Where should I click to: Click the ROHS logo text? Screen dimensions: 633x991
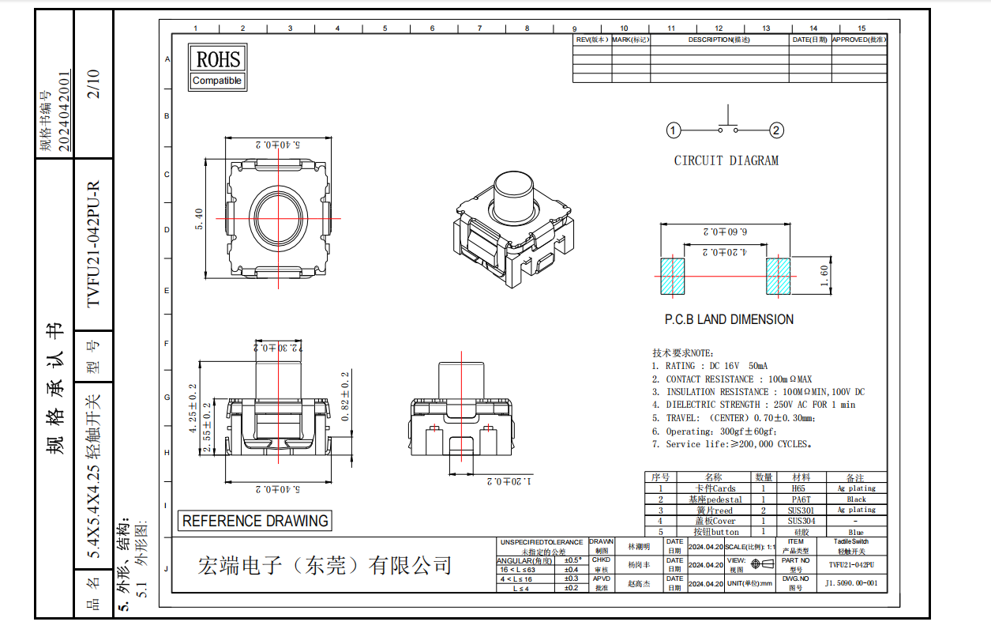[x=217, y=58]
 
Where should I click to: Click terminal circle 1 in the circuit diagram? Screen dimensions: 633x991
[x=673, y=130]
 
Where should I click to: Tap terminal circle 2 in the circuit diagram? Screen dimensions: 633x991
[x=777, y=130]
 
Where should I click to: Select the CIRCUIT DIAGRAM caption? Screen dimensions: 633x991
[x=726, y=160]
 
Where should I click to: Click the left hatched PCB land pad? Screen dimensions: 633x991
[x=673, y=276]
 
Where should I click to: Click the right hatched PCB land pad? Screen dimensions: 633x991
[x=778, y=276]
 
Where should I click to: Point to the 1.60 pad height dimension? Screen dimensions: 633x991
[x=823, y=277]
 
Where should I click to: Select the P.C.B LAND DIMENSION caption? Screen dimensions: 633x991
[x=729, y=319]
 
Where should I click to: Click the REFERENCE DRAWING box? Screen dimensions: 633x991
[x=254, y=521]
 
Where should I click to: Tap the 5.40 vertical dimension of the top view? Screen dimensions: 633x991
[x=200, y=219]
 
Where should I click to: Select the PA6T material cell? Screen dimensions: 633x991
[x=800, y=499]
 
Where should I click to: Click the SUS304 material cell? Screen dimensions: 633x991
[x=800, y=521]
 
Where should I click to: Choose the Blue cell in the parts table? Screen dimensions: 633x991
[x=856, y=532]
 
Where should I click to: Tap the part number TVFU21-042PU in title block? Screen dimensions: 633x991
[x=856, y=565]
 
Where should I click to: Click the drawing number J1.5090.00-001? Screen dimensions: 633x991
[x=850, y=583]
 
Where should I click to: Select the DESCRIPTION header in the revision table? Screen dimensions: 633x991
[x=719, y=40]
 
